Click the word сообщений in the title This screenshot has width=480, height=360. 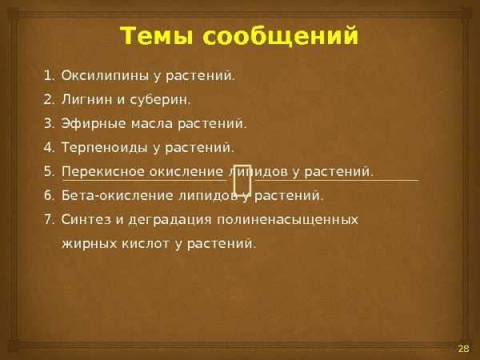[x=280, y=37]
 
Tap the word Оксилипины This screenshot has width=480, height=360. [x=104, y=76]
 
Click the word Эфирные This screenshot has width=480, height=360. [x=94, y=124]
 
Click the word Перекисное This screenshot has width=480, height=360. [x=102, y=172]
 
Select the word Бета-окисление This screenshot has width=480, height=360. [x=118, y=196]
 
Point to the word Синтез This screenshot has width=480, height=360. [x=86, y=220]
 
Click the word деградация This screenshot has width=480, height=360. [x=170, y=220]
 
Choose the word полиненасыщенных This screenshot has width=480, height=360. [x=288, y=220]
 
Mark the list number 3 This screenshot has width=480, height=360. [x=49, y=124]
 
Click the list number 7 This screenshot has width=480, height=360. [x=49, y=220]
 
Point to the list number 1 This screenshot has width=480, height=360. [x=49, y=76]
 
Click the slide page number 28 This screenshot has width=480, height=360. [x=463, y=348]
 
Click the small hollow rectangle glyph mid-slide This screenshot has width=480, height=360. [x=242, y=180]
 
